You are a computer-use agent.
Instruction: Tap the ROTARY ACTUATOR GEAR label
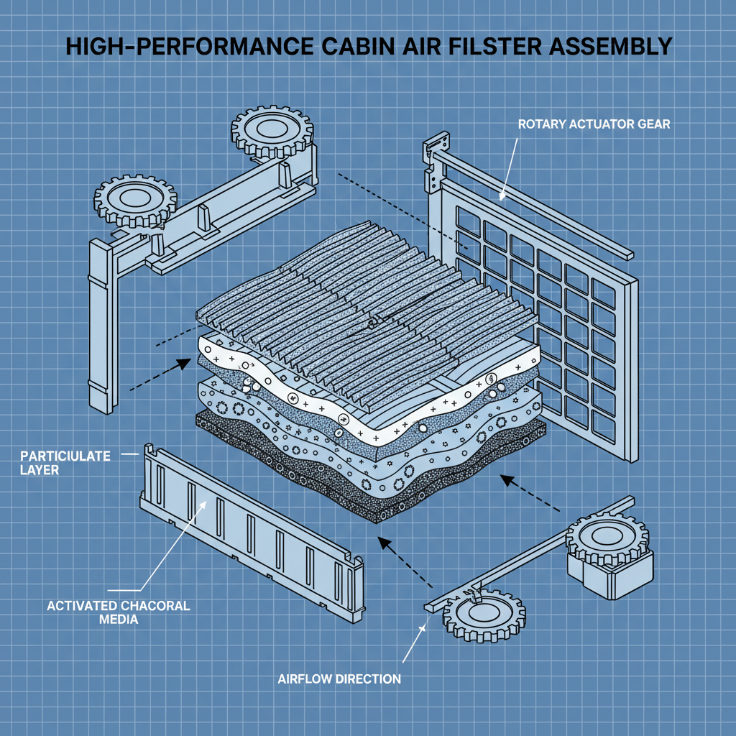coord(594,124)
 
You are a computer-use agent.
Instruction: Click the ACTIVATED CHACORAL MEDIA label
coord(119,612)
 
